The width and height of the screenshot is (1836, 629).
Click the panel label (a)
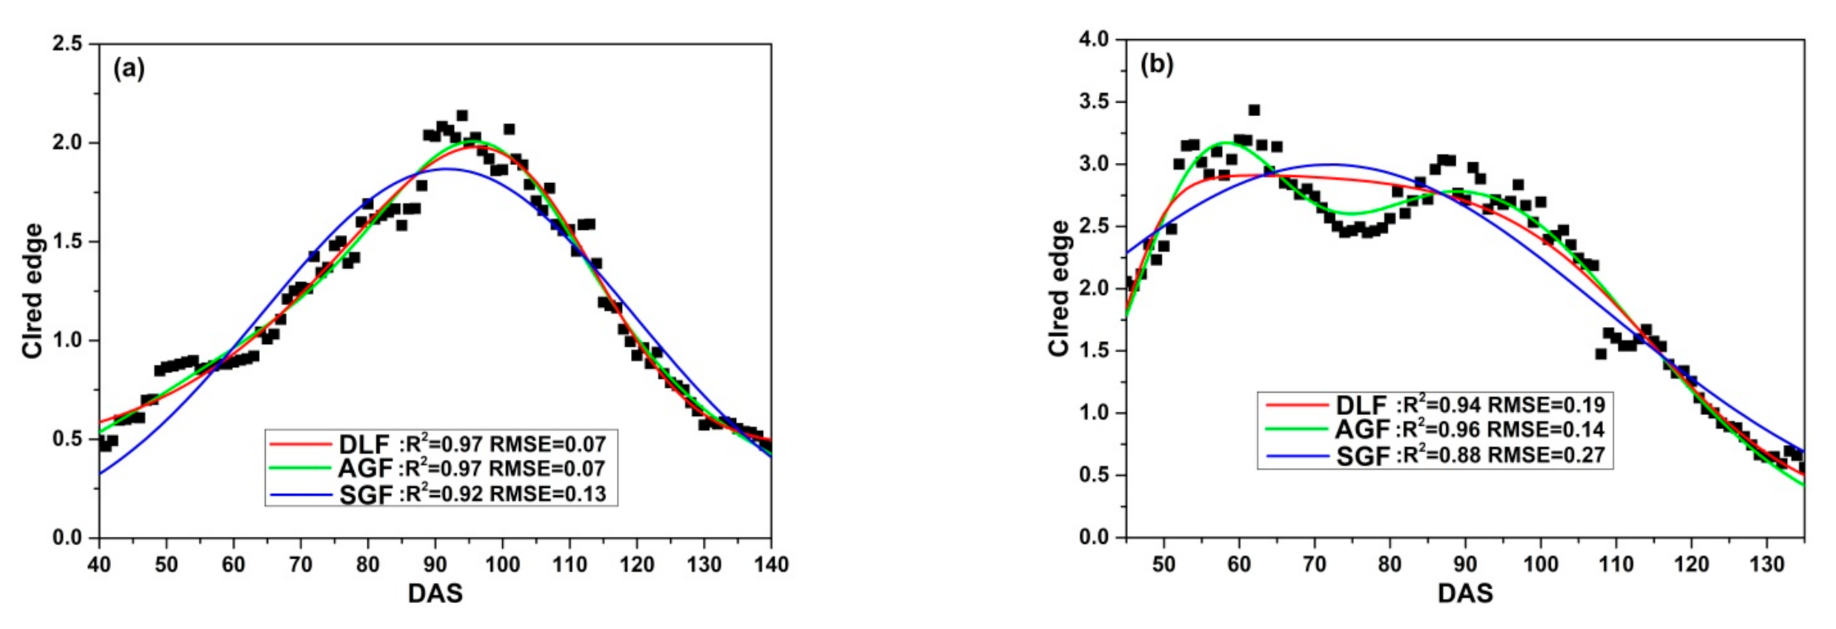[x=129, y=70]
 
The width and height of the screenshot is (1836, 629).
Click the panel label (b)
[x=1157, y=65]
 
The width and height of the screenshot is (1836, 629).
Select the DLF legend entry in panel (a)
[x=364, y=444]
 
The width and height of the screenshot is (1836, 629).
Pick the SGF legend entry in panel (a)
[x=365, y=493]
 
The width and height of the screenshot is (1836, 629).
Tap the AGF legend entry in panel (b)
[x=1362, y=430]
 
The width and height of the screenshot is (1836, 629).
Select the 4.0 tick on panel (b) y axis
[x=1093, y=40]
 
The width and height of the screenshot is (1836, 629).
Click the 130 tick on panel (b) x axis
[x=1767, y=564]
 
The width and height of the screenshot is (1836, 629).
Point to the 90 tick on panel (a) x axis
[x=435, y=565]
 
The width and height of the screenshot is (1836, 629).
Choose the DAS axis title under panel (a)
[x=435, y=593]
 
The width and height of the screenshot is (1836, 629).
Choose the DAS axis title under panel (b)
[x=1465, y=593]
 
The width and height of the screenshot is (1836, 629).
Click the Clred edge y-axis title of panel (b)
[x=1060, y=288]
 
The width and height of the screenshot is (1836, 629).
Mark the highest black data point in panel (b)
[x=1253, y=110]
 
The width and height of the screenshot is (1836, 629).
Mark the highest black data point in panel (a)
[x=462, y=115]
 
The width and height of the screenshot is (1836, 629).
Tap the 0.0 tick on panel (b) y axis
[x=1093, y=537]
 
